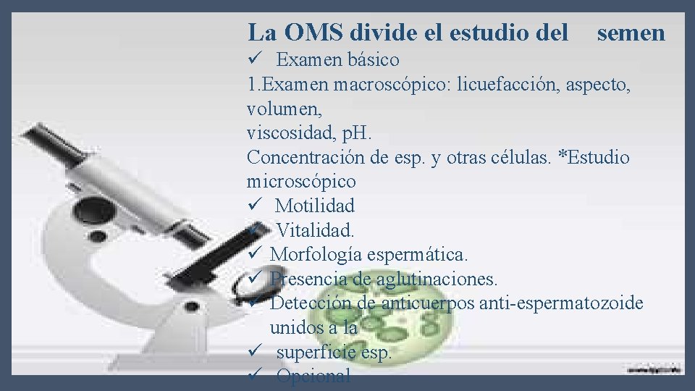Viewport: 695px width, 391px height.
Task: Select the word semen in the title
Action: pyautogui.click(x=631, y=33)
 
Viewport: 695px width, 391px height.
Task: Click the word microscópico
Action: pyautogui.click(x=301, y=181)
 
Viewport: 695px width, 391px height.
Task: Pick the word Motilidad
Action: pyautogui.click(x=315, y=206)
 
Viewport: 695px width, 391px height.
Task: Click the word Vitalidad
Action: pyautogui.click(x=316, y=230)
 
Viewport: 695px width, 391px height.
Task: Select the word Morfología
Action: pyautogui.click(x=316, y=255)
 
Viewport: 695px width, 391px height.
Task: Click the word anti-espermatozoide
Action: pyautogui.click(x=560, y=303)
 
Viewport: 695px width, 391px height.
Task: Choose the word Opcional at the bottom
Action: pyautogui.click(x=313, y=376)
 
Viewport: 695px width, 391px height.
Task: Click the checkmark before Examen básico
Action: pyautogui.click(x=253, y=59)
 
